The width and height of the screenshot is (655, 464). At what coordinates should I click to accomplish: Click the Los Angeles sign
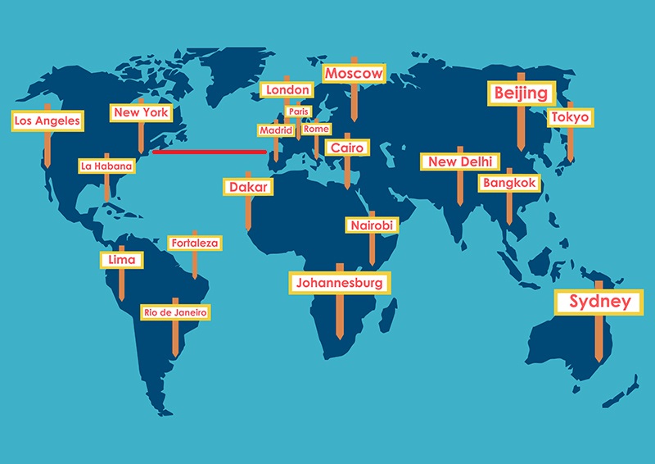click(47, 121)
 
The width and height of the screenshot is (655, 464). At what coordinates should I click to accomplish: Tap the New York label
click(141, 112)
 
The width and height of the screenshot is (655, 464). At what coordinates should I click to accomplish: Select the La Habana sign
click(106, 166)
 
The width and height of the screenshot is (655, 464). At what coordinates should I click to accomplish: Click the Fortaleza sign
click(194, 243)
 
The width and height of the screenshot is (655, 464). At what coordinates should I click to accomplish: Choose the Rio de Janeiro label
click(175, 312)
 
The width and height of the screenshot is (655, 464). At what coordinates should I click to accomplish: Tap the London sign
click(287, 89)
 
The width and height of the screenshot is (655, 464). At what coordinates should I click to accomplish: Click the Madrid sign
click(275, 130)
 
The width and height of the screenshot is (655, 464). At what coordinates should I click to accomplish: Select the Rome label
click(316, 129)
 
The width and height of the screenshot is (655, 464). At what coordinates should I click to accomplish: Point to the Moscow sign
click(354, 74)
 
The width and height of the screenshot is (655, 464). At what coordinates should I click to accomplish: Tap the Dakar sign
click(247, 187)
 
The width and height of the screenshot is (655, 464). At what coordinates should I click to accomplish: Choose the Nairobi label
click(372, 225)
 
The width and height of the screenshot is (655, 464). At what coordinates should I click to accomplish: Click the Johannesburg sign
click(340, 284)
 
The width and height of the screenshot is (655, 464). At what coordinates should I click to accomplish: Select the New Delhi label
click(459, 161)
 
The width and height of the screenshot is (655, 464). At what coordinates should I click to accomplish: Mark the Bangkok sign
click(509, 183)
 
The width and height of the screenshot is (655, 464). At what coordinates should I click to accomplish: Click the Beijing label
click(521, 93)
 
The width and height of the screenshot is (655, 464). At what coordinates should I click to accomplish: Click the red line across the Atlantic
click(210, 151)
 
